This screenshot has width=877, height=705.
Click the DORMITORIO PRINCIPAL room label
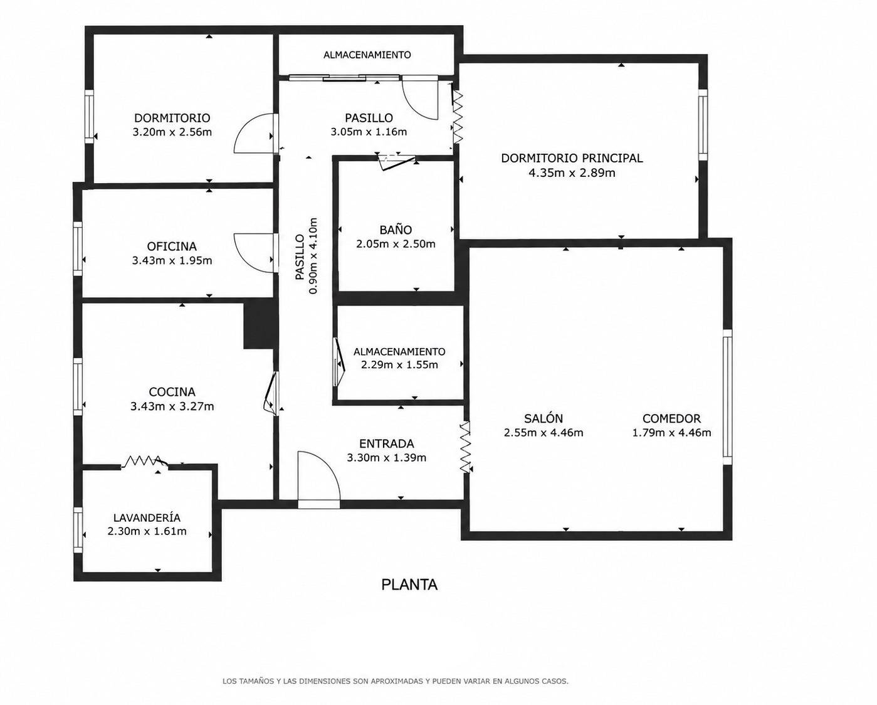[x=572, y=158]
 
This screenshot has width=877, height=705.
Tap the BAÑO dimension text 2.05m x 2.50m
[x=396, y=244]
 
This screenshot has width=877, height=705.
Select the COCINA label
[x=172, y=392]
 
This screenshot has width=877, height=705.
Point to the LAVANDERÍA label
[x=147, y=517]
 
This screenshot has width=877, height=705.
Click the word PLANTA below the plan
[x=409, y=585]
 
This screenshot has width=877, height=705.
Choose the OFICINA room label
[x=172, y=246]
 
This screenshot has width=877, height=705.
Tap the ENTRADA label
[x=386, y=443]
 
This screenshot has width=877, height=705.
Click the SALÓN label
[x=544, y=418]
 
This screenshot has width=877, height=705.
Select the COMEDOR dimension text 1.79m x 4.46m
[x=671, y=433]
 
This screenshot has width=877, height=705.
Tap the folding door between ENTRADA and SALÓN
[x=465, y=447]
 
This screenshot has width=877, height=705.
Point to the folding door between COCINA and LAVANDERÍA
[x=145, y=462]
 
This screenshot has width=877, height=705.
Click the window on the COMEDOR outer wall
[x=727, y=397]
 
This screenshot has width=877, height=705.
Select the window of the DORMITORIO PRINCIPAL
[x=703, y=125]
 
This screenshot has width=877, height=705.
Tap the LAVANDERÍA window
[x=78, y=529]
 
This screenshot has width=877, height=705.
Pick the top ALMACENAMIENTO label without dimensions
[x=367, y=55]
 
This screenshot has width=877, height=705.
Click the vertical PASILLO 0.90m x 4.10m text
[x=307, y=256]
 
